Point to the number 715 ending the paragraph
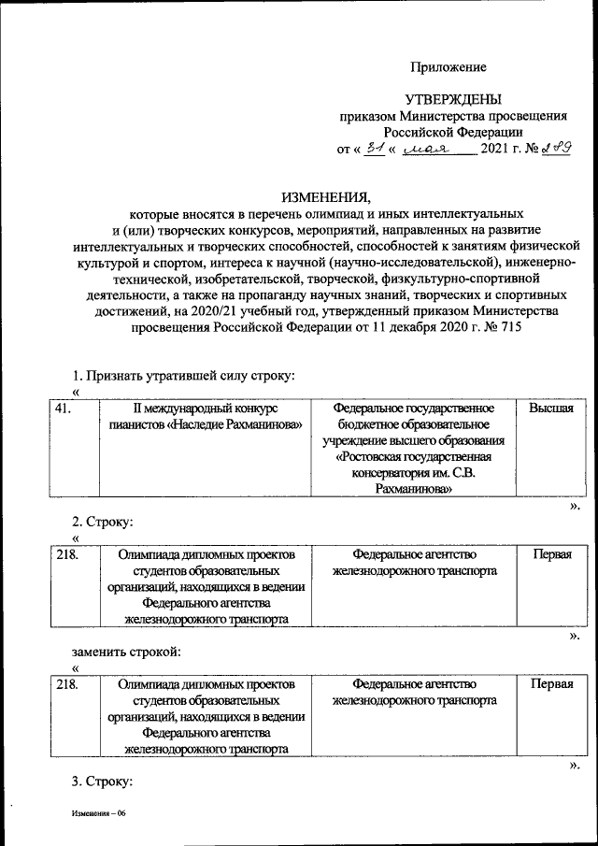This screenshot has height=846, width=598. click(501, 328)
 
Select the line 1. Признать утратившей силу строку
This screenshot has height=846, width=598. click(184, 376)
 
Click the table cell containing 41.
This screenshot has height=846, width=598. click(64, 409)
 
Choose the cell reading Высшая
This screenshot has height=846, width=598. click(550, 409)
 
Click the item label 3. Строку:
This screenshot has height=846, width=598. click(104, 781)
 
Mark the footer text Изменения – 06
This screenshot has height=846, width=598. click(98, 814)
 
